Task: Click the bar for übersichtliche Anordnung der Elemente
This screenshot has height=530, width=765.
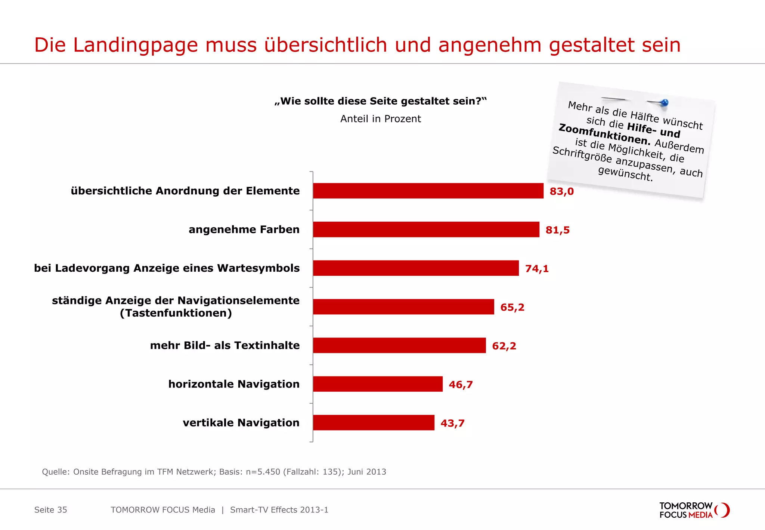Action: click(x=428, y=191)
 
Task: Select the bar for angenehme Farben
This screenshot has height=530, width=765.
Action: click(x=426, y=229)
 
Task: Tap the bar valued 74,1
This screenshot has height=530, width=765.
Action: click(x=416, y=268)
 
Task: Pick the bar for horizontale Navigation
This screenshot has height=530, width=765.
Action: click(x=378, y=384)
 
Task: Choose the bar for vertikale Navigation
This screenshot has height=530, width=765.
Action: click(x=374, y=422)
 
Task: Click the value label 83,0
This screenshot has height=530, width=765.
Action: click(x=561, y=191)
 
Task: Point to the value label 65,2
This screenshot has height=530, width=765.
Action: click(x=512, y=307)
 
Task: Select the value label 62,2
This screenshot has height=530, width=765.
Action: click(x=504, y=346)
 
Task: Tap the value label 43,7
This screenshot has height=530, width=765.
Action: click(x=452, y=423)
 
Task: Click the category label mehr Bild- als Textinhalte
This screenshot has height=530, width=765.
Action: click(x=224, y=345)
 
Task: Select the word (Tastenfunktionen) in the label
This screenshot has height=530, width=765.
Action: click(x=176, y=313)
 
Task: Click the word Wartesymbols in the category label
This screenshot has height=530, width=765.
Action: click(x=258, y=268)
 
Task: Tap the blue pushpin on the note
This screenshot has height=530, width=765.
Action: click(x=664, y=102)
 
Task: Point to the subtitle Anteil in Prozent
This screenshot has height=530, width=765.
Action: click(x=380, y=119)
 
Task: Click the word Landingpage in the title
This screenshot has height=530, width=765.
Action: click(x=135, y=45)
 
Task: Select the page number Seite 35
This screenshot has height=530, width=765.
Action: click(x=50, y=510)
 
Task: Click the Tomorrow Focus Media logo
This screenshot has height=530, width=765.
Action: click(x=694, y=510)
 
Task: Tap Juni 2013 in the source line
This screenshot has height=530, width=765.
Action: click(x=366, y=472)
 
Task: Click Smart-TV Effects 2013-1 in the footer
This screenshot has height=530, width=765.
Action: click(x=279, y=510)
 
